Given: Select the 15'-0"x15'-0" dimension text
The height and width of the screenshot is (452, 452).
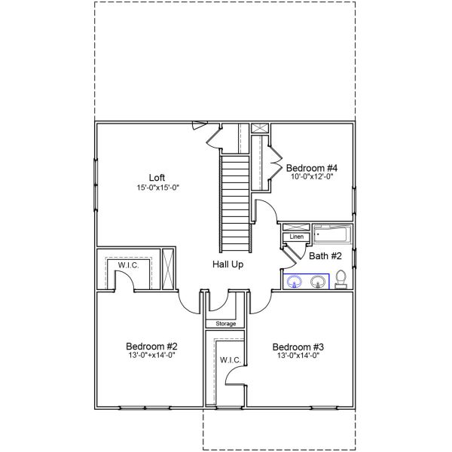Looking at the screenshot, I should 157,188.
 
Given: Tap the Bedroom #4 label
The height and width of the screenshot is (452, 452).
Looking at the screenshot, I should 310,167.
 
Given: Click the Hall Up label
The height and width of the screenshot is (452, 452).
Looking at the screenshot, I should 228,264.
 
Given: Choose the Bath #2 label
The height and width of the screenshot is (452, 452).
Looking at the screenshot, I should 325,256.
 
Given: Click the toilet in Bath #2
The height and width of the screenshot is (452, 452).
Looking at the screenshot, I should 341,279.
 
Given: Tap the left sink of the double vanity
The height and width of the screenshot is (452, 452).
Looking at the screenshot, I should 295,282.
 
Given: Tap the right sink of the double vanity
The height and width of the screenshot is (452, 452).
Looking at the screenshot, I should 318,282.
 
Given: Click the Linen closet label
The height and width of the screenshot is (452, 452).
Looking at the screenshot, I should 296,237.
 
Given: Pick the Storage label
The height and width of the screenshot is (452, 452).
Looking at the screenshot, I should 226,324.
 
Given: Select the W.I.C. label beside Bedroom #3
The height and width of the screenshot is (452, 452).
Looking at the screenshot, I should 231,361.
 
